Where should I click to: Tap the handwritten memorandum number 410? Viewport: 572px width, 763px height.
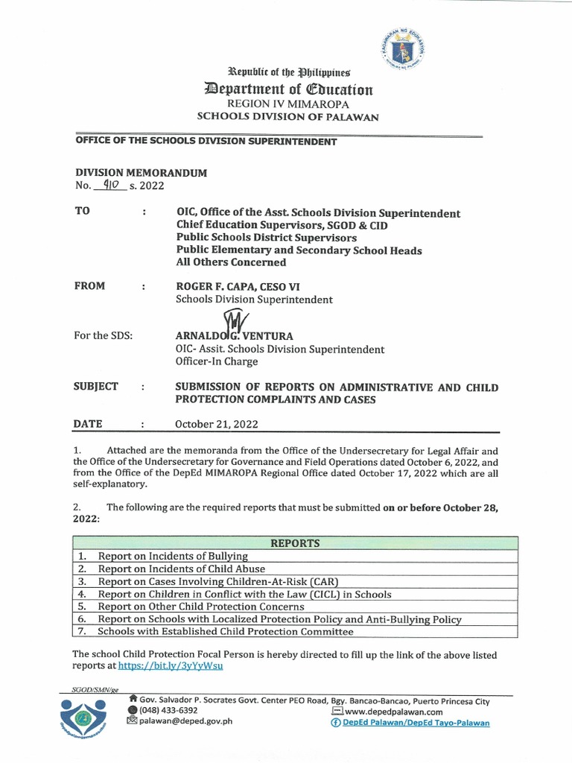(106, 186)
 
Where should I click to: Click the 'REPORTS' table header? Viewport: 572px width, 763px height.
(295, 543)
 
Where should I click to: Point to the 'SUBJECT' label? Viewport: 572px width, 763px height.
(95, 387)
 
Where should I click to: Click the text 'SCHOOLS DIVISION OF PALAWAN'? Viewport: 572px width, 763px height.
(287, 117)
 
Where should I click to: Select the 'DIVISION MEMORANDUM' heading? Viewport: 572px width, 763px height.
(140, 172)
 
